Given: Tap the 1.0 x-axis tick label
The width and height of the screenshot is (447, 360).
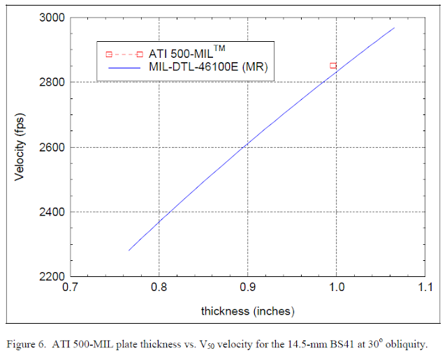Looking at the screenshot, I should pyautogui.click(x=336, y=287).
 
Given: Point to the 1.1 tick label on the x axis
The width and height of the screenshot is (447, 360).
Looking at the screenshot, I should pyautogui.click(x=424, y=287).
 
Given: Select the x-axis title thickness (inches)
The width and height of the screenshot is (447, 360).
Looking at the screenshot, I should pyautogui.click(x=248, y=310).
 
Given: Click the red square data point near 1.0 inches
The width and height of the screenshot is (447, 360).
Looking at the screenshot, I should pyautogui.click(x=333, y=65).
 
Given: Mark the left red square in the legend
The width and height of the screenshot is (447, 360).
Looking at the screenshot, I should pyautogui.click(x=109, y=54).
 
